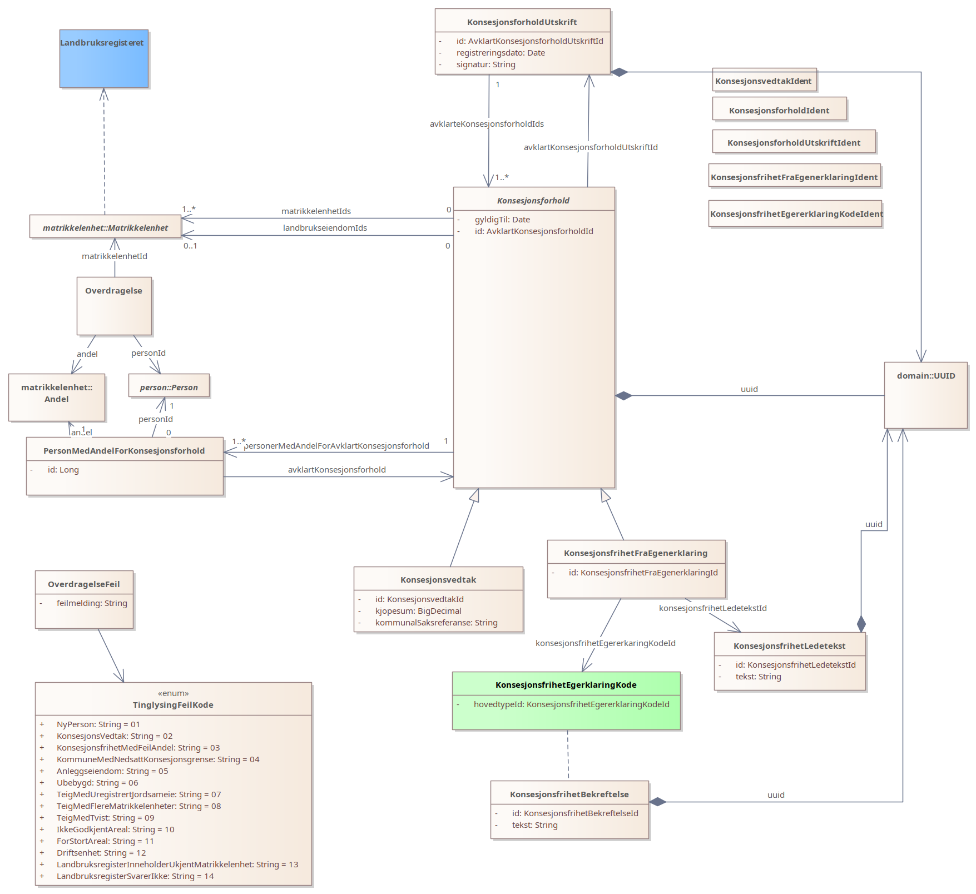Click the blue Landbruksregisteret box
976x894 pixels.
[x=104, y=58]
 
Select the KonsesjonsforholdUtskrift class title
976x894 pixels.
[x=522, y=22]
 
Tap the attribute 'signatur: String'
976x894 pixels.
[x=485, y=64]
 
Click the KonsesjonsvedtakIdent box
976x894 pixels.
[x=764, y=81]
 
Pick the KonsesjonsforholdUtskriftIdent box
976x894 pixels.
[x=794, y=142]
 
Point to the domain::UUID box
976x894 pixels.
[x=925, y=395]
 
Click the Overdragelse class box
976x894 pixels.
[x=114, y=306]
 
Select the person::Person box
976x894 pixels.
[x=169, y=386]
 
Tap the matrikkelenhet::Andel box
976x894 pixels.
[x=56, y=397]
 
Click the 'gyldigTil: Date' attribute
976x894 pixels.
[x=502, y=220]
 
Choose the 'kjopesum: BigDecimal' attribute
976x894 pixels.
[x=418, y=611]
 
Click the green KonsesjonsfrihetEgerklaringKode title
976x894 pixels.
[x=566, y=685]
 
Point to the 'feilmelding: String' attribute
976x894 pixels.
[x=92, y=603]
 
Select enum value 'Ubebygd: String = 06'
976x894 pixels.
[x=97, y=783]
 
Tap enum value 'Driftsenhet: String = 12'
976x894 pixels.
[x=101, y=853]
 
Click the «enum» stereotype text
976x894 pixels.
[x=173, y=693]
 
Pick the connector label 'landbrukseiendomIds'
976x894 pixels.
[x=325, y=228]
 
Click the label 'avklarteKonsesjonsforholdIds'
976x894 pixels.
[x=487, y=124]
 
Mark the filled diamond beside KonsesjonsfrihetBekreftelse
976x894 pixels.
[x=658, y=802]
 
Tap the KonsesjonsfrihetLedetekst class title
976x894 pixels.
[x=789, y=646]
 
